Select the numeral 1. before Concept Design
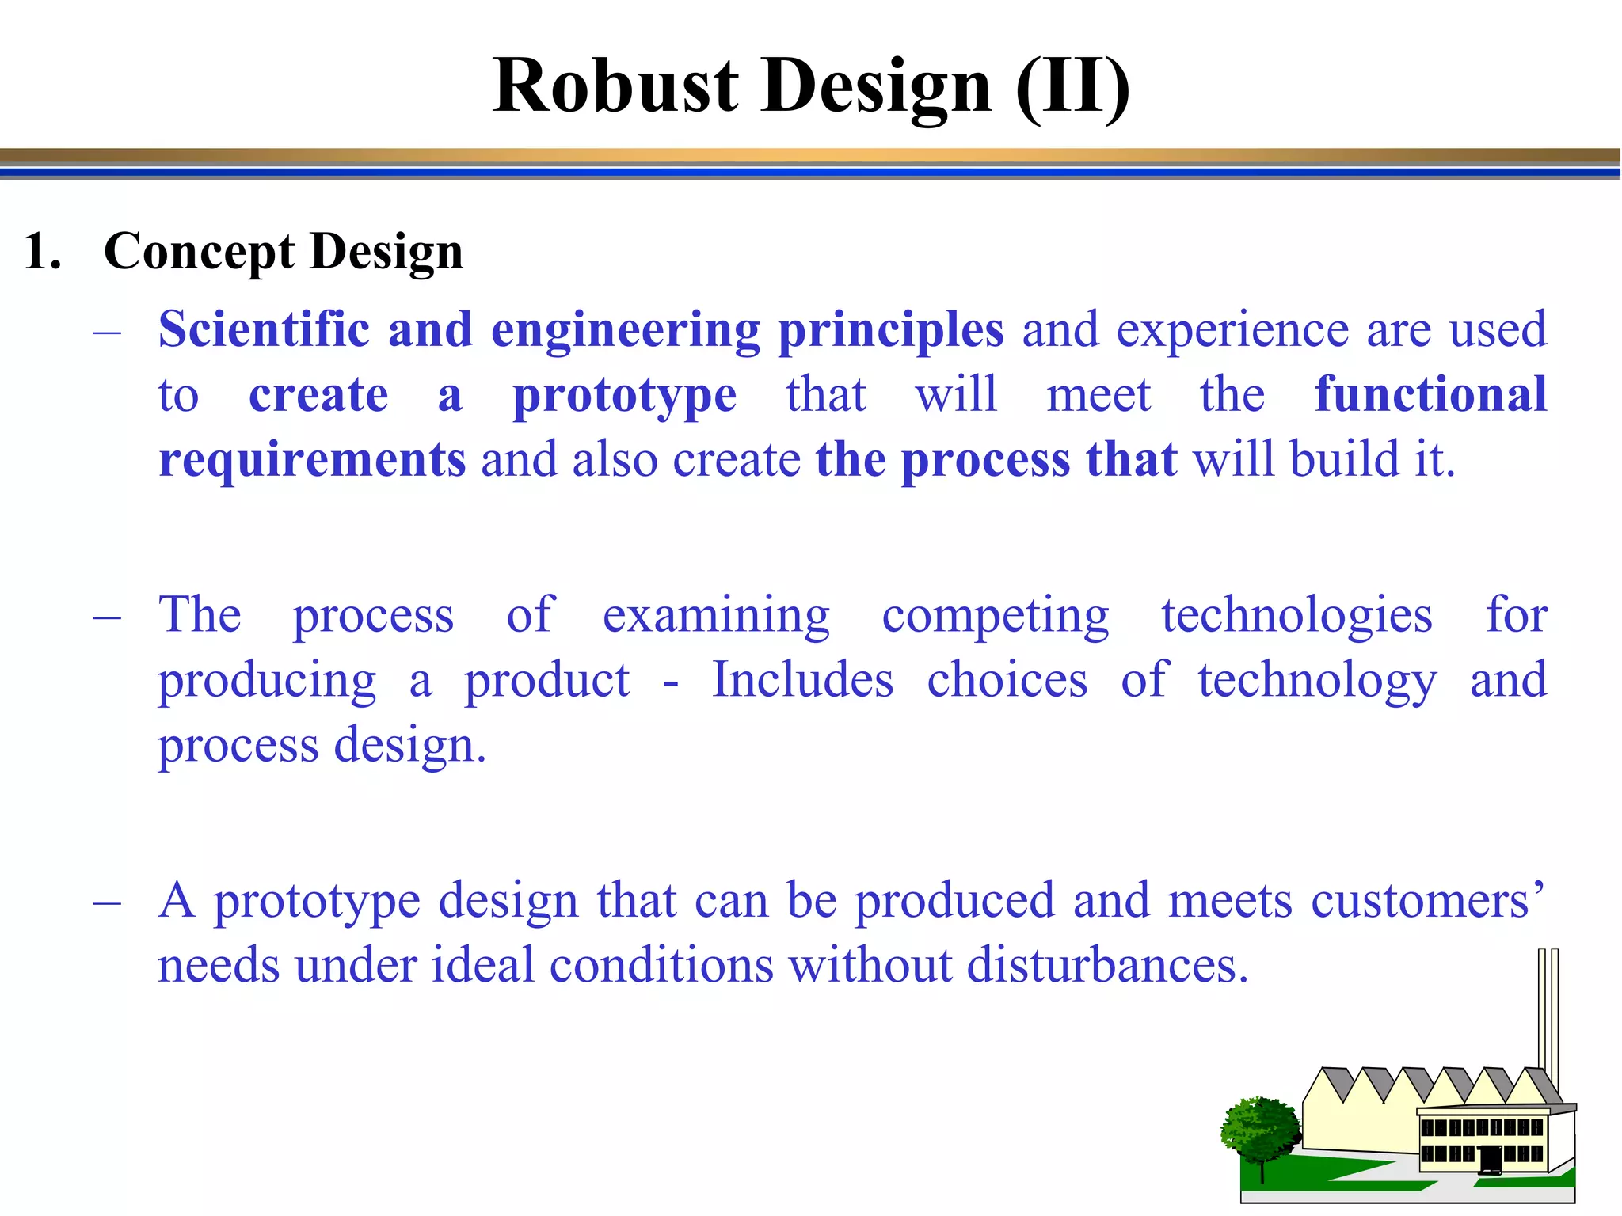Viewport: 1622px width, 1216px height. (43, 252)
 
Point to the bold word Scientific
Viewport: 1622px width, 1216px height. (264, 329)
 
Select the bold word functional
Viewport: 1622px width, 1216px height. (1430, 394)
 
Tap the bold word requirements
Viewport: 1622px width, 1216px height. (312, 461)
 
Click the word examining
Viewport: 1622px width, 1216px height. (716, 616)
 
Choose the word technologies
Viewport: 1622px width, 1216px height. (1296, 616)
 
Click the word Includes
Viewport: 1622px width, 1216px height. (802, 680)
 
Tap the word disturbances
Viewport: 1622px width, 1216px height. (1106, 966)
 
